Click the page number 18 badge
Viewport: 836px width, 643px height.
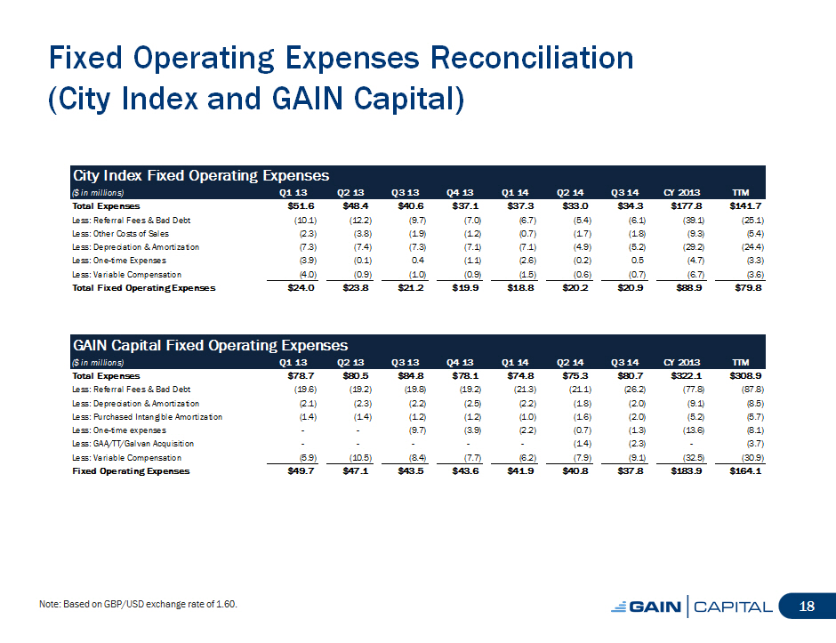(807, 606)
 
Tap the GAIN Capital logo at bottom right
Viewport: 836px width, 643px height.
(692, 607)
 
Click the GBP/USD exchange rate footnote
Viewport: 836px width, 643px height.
(138, 604)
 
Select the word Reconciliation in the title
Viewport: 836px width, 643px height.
(532, 58)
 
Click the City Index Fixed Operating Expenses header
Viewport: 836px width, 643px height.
(201, 175)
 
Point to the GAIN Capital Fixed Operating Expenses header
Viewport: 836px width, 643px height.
(210, 345)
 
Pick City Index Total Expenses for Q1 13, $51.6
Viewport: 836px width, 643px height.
(301, 205)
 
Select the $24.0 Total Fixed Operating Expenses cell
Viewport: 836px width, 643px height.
(301, 287)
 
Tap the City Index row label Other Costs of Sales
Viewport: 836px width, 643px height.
(120, 234)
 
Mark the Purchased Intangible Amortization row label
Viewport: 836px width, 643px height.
(147, 417)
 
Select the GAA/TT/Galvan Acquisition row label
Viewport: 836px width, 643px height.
(133, 444)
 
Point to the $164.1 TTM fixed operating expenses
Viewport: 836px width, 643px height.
(745, 470)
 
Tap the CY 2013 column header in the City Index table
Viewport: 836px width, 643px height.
(681, 192)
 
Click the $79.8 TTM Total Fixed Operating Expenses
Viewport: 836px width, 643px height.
(748, 287)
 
